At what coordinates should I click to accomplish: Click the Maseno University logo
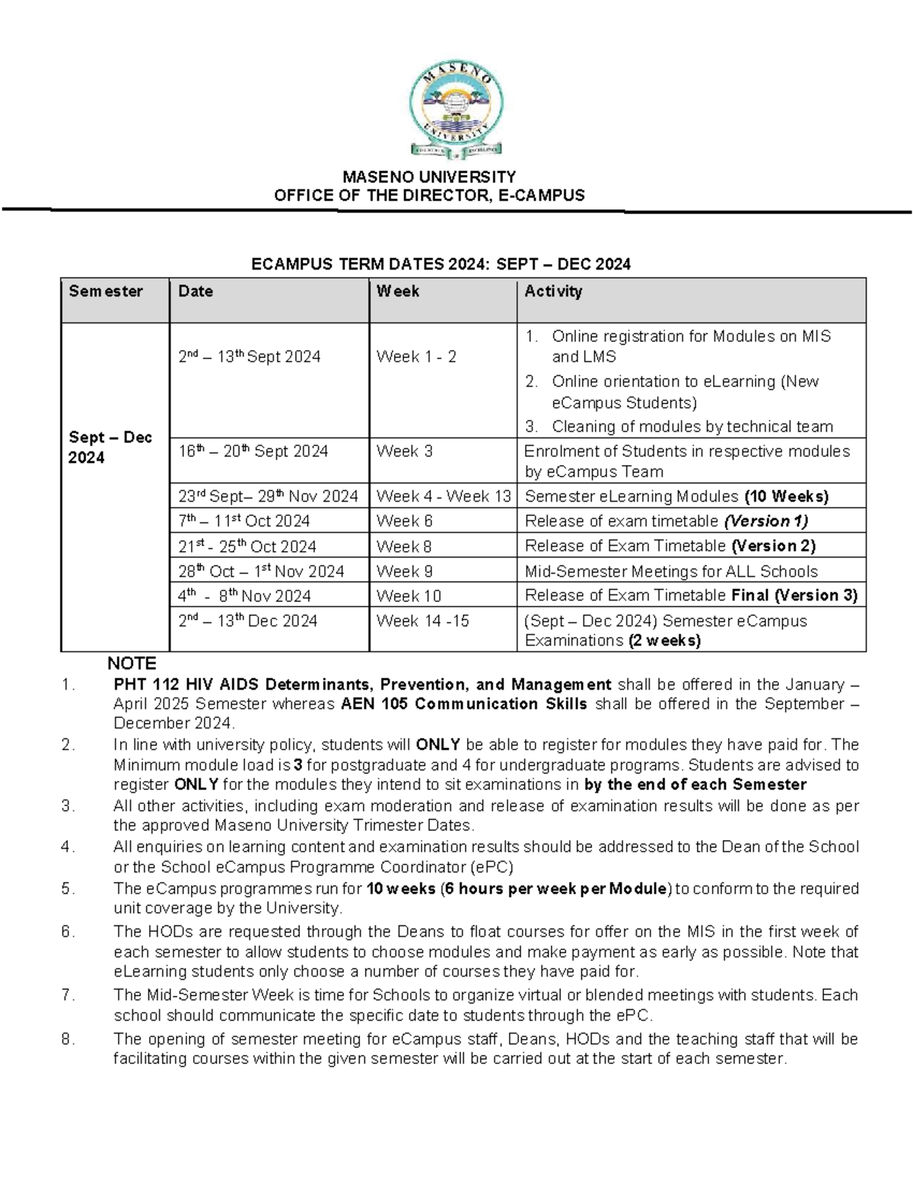(x=456, y=111)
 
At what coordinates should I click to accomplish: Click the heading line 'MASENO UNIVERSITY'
(x=429, y=177)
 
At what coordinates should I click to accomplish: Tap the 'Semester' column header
(x=106, y=292)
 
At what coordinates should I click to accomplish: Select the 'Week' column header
(x=398, y=292)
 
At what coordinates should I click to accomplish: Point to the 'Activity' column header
(x=553, y=292)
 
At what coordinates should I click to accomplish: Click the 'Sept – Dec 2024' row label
(x=110, y=448)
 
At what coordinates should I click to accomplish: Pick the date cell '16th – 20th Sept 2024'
(x=253, y=451)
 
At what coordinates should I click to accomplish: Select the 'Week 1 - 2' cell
(x=416, y=357)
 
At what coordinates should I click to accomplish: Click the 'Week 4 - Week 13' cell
(x=444, y=496)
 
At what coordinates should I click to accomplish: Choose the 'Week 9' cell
(x=404, y=572)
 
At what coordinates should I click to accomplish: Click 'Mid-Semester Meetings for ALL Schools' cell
(x=671, y=572)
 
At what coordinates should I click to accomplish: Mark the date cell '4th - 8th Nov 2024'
(x=244, y=596)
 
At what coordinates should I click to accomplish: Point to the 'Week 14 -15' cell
(x=422, y=621)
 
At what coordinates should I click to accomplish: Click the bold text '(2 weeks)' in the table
(x=664, y=641)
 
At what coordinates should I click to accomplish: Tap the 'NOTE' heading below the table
(x=132, y=664)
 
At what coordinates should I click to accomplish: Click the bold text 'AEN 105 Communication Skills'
(x=463, y=704)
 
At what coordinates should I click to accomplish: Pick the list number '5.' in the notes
(x=68, y=889)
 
